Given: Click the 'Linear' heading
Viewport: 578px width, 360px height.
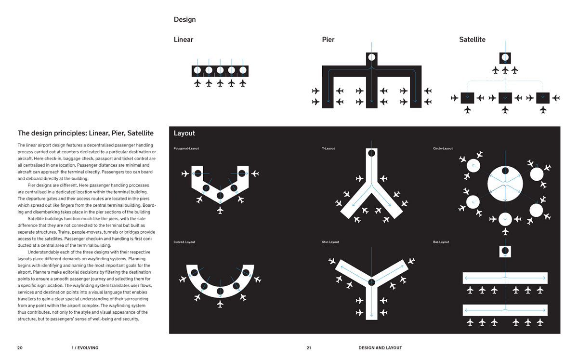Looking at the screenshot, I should point(183,40).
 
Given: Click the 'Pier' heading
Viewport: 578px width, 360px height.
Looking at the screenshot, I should point(328,40).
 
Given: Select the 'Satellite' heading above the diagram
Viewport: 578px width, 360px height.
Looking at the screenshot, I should point(472,40).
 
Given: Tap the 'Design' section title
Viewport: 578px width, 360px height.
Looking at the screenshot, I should point(184,20).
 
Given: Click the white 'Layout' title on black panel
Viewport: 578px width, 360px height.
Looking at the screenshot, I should point(184,133).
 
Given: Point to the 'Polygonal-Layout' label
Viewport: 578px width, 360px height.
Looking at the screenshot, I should point(186,148).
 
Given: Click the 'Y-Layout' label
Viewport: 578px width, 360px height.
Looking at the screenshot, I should point(328,148).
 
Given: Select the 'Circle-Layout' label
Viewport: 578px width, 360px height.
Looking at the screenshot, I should point(443,148).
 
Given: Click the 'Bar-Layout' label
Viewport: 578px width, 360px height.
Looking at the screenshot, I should point(441,242).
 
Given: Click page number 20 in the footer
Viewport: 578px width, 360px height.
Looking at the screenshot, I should point(20,347).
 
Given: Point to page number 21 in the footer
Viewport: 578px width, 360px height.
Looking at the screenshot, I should point(309,347).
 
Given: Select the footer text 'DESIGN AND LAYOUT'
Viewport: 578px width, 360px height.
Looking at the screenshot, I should point(380,347).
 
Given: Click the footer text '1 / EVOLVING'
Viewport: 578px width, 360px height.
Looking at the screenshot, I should point(85,347).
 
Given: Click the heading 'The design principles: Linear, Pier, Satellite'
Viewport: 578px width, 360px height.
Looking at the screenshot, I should point(85,133).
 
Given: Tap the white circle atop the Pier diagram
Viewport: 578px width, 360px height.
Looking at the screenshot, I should point(371,57).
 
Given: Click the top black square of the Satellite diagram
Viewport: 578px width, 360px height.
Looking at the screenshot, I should point(505,58).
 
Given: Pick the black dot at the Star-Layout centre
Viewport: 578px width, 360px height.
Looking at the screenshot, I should point(371,282).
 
